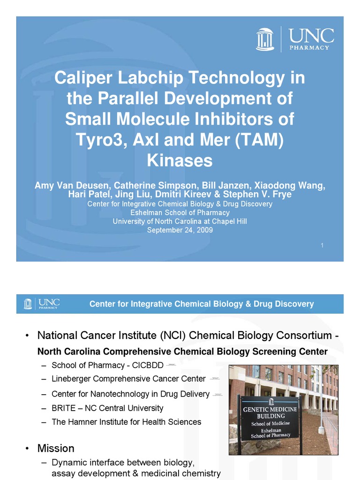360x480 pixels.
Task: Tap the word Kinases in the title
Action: tap(180, 160)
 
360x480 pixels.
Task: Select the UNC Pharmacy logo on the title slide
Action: tap(295, 38)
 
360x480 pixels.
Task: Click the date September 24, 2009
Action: tap(180, 230)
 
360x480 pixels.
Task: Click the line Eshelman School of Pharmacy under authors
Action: tap(180, 213)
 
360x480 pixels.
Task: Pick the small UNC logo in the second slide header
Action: tap(41, 304)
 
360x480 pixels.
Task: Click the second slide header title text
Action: tap(202, 304)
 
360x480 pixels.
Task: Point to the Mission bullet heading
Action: tap(56, 448)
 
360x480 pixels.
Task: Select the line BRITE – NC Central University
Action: tap(107, 408)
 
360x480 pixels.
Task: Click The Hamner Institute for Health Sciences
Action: tap(126, 422)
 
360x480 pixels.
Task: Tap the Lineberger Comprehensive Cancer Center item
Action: tap(128, 379)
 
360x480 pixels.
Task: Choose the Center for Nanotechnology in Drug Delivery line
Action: tap(130, 394)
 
